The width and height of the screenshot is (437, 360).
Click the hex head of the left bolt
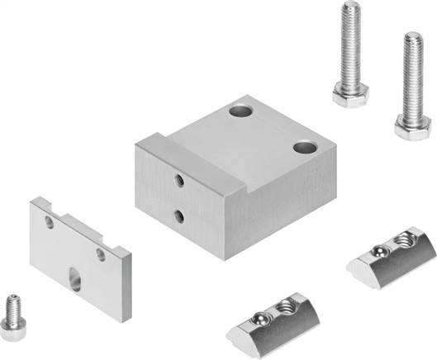[350, 95]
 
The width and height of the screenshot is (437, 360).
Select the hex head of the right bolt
[411, 126]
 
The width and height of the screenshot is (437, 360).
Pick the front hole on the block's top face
[305, 149]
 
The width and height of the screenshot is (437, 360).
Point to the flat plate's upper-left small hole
[49, 223]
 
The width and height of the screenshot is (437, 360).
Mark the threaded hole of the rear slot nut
[404, 239]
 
